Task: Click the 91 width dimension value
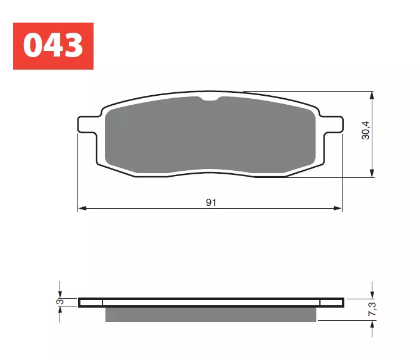211,203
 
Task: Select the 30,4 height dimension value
366,130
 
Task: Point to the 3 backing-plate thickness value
60,302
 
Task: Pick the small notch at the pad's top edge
211,99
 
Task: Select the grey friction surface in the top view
209,134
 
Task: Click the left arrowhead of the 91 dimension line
82,209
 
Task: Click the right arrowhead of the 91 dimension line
339,209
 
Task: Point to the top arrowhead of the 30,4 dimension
372,96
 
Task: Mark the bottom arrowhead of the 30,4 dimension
372,173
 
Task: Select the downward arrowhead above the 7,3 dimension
372,295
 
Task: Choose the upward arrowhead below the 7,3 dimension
372,324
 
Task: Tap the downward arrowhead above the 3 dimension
60,294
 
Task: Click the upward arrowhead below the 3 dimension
60,311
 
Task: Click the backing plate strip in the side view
211,302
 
